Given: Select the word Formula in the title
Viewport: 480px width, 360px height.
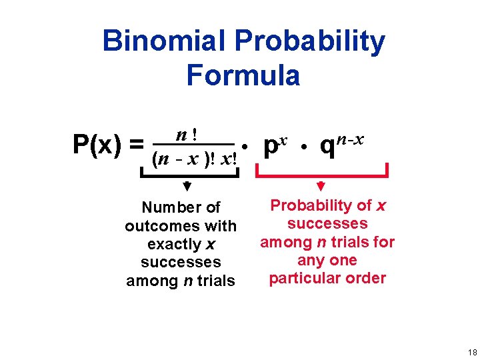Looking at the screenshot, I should [243, 75].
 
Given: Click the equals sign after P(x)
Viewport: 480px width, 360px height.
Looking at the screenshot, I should [137, 143].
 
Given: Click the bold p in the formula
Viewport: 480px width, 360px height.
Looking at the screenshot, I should [270, 146].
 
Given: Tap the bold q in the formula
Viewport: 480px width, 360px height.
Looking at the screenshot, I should [327, 146].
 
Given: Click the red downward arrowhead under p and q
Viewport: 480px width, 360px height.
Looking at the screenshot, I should [321, 186].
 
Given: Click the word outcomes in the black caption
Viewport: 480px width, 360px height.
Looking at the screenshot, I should [157, 226].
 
